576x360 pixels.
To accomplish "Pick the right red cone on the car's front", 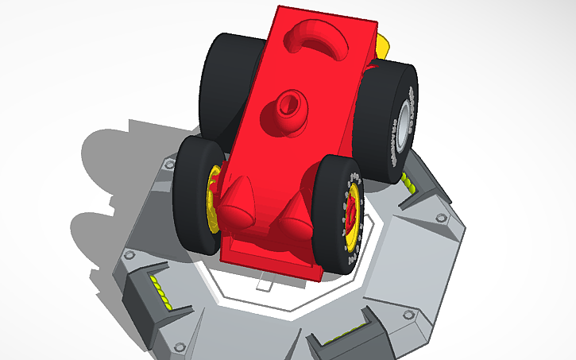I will pyautogui.click(x=295, y=216).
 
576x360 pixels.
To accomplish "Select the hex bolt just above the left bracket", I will pyautogui.click(x=130, y=256).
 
